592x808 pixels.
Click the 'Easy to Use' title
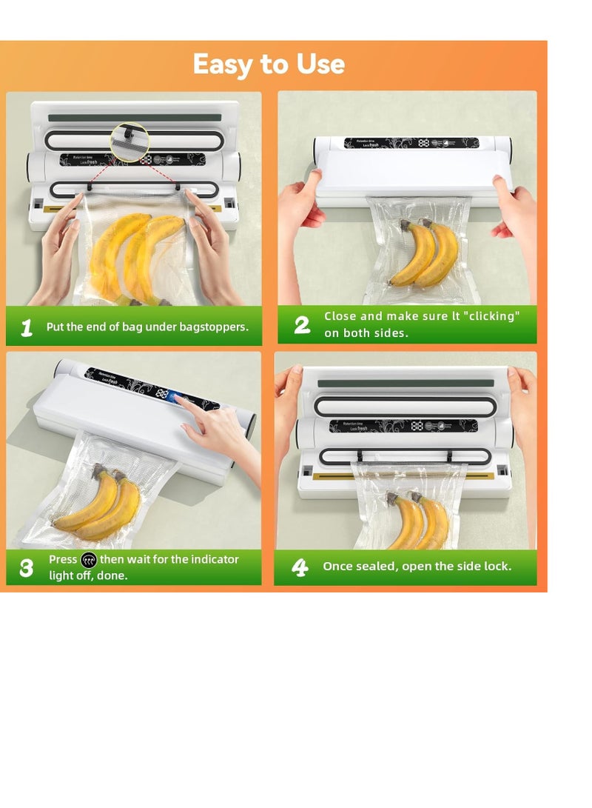coord(269,64)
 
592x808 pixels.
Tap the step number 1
coord(27,327)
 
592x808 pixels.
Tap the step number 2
coord(302,325)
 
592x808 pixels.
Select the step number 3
coord(27,568)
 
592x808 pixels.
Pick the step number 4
coord(300,567)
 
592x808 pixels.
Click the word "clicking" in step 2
coord(490,316)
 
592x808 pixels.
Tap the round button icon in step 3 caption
coord(89,560)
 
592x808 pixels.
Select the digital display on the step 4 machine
coord(417,426)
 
